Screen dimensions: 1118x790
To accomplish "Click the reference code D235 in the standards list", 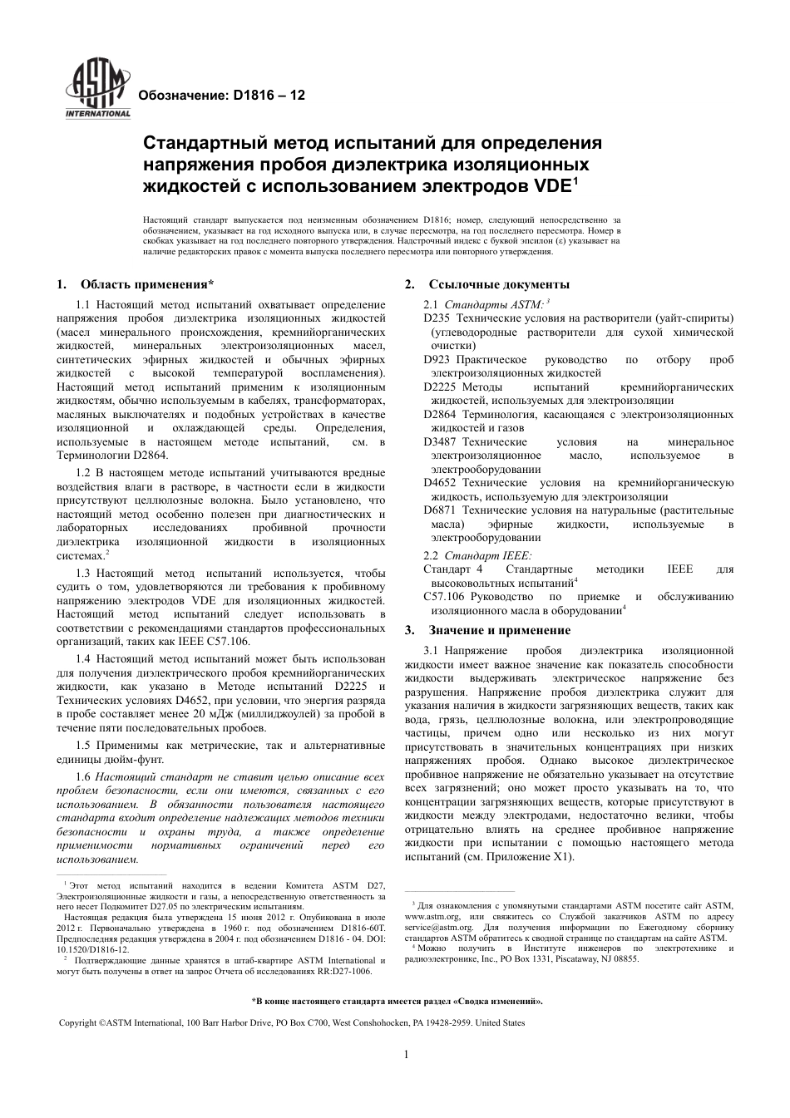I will (x=437, y=318).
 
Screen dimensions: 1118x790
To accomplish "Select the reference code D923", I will (x=437, y=360).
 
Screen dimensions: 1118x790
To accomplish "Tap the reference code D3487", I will (x=440, y=442).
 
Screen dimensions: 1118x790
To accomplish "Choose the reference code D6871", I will (x=440, y=510).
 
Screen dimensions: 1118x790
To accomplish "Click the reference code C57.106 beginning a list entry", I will (x=444, y=597).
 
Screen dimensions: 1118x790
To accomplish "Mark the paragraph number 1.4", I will (x=82, y=659).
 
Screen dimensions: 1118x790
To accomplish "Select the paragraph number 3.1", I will (x=431, y=651).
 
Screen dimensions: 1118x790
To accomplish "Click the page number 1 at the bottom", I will (x=406, y=1056).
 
